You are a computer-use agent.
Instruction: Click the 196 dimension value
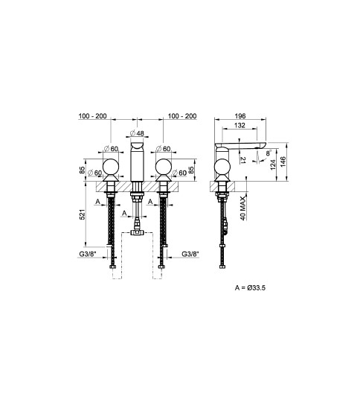240,116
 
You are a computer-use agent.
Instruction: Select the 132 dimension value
240,125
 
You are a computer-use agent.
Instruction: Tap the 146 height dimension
283,162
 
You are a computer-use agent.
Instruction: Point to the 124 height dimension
273,165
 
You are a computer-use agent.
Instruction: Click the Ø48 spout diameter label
137,133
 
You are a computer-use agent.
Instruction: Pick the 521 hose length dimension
83,214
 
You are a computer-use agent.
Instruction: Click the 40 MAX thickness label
243,208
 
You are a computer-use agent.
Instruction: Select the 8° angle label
269,153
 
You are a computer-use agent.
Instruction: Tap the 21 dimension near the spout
243,160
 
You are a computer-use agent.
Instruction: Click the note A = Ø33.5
250,287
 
